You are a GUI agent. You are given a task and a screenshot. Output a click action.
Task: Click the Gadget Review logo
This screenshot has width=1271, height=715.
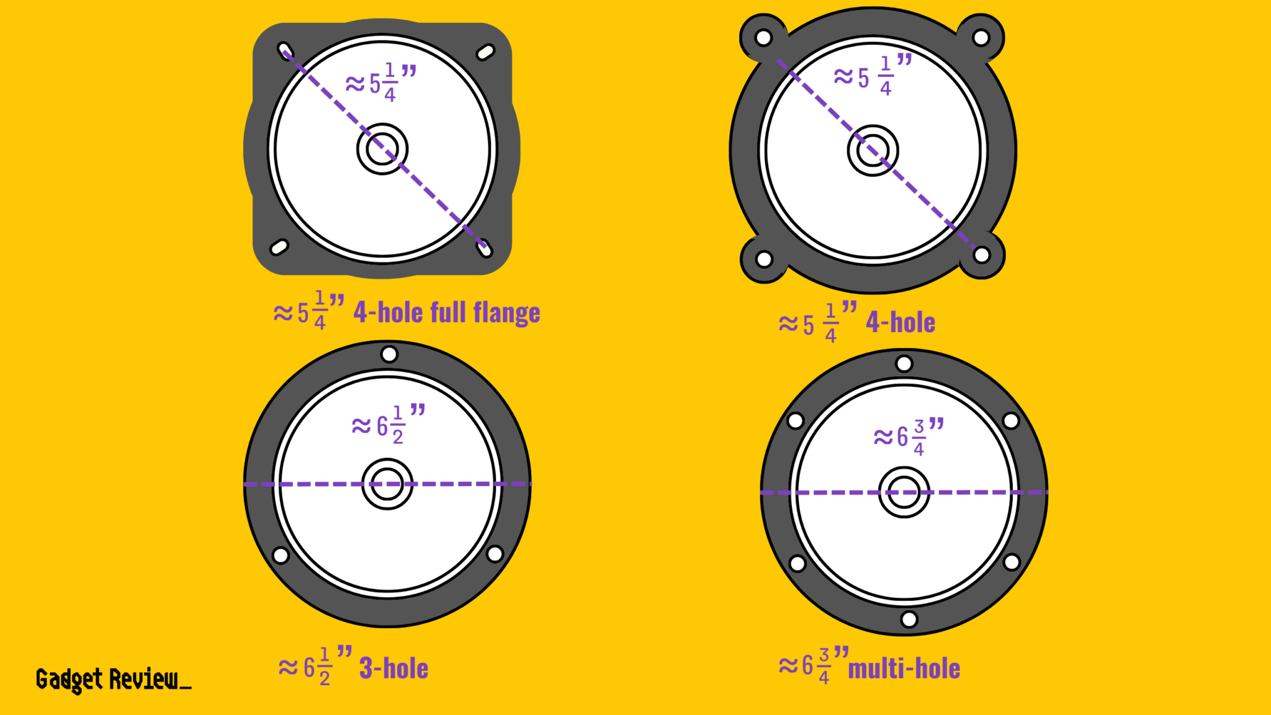(x=114, y=680)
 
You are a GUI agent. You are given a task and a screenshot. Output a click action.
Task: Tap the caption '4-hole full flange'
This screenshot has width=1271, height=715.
(x=446, y=312)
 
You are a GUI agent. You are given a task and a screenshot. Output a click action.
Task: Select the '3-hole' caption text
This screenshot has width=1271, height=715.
(x=393, y=668)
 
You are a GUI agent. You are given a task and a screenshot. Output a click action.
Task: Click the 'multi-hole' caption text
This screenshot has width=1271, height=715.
(x=904, y=668)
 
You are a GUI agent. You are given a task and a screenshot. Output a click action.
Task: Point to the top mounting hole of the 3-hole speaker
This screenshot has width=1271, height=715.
(x=389, y=354)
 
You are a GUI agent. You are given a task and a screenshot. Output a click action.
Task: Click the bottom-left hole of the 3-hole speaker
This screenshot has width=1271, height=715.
(x=281, y=555)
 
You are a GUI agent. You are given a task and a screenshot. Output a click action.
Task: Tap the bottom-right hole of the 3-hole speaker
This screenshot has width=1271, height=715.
(x=495, y=554)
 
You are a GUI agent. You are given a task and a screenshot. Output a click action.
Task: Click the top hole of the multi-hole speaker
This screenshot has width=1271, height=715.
(x=904, y=363)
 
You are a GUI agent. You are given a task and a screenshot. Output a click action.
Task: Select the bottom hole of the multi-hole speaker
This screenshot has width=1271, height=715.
(x=909, y=619)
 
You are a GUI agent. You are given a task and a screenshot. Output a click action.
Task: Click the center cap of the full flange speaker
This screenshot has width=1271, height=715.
(x=382, y=149)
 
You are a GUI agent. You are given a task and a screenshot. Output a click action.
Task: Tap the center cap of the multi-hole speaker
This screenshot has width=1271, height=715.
(x=904, y=492)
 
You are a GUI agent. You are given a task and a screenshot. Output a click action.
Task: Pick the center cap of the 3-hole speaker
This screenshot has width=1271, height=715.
(x=387, y=484)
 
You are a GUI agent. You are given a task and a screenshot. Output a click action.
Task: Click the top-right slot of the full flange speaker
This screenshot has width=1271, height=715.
(x=485, y=52)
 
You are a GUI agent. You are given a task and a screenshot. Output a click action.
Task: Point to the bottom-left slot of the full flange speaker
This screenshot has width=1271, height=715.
(x=279, y=248)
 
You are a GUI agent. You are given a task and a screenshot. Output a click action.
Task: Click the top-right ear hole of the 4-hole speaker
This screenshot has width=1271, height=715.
(x=981, y=38)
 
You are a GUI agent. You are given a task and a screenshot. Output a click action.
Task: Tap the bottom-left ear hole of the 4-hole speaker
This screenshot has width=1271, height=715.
(x=765, y=259)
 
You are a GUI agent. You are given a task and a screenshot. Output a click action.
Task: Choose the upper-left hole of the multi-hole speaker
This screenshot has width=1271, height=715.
(x=796, y=421)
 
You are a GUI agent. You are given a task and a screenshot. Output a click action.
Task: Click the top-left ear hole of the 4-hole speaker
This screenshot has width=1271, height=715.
(x=763, y=38)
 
